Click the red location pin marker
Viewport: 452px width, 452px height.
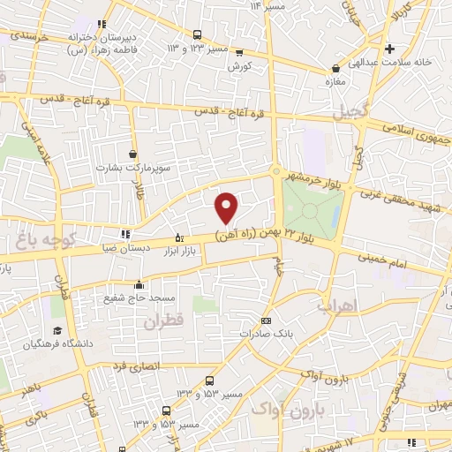[227, 207]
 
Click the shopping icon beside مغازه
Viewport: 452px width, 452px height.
[335, 68]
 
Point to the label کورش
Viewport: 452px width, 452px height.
[239, 67]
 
